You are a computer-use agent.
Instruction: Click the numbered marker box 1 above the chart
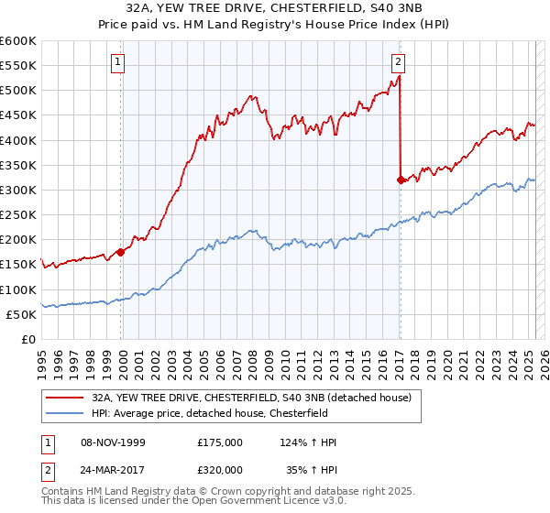120,62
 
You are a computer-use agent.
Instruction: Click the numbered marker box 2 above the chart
399,62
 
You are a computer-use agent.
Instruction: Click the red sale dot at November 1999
120,252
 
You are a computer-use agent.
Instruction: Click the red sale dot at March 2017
401,180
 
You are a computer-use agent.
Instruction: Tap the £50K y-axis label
21,314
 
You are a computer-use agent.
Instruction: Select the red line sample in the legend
65,398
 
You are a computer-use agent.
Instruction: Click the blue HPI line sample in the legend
65,413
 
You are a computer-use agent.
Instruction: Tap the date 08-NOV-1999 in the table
108,442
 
